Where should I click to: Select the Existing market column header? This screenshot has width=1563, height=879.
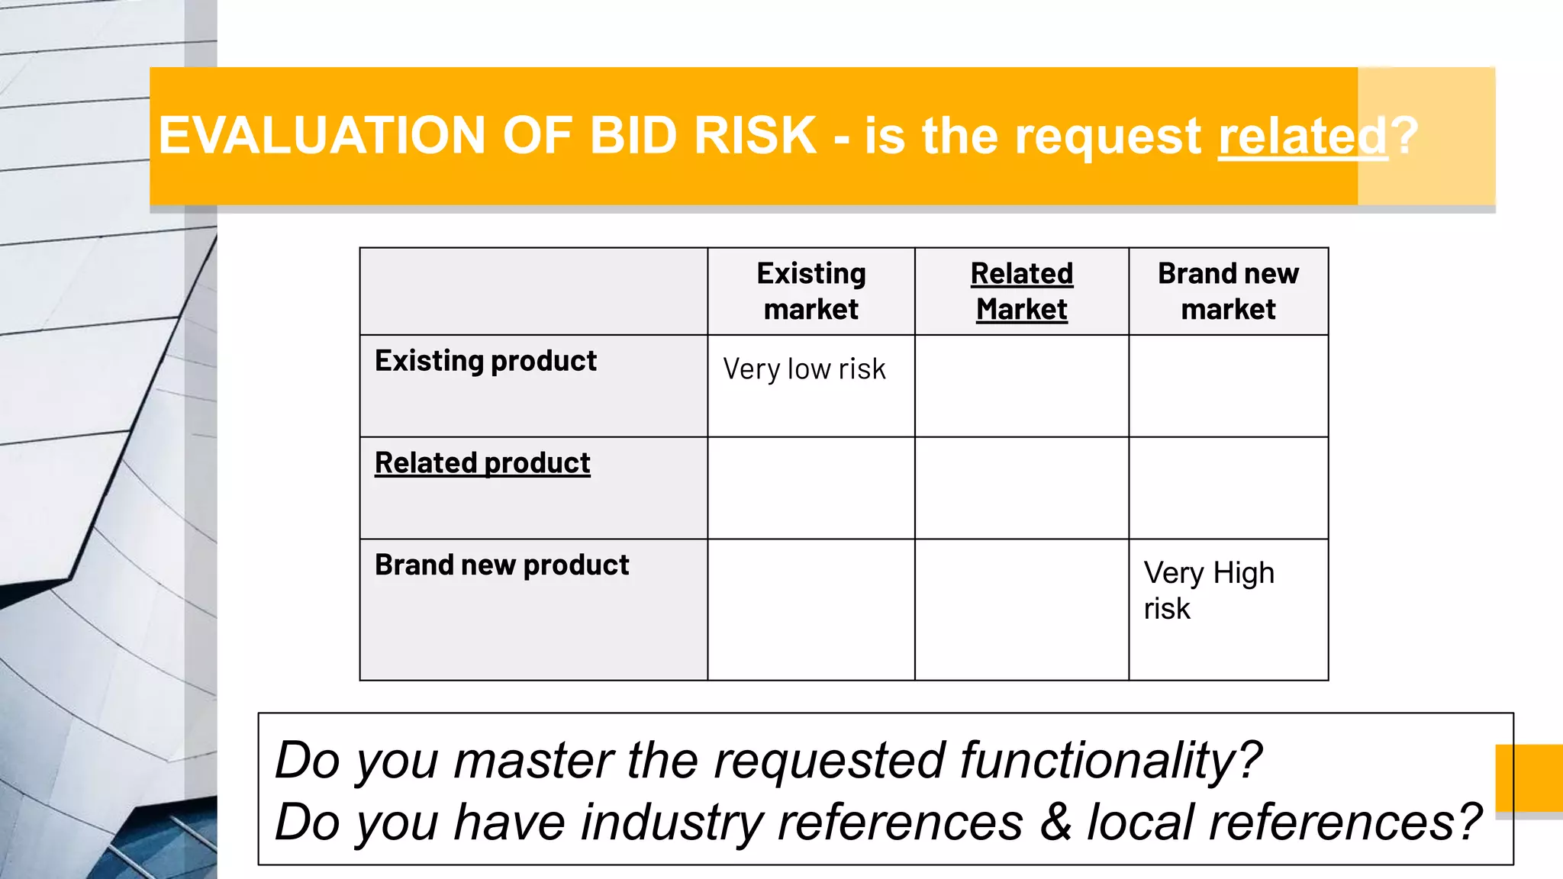(x=811, y=291)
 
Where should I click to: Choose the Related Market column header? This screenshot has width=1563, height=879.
(x=1022, y=291)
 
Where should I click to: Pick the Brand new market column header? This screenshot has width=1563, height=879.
(x=1228, y=291)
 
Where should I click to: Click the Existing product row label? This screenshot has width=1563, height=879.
(x=485, y=361)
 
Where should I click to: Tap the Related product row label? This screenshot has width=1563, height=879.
(x=482, y=463)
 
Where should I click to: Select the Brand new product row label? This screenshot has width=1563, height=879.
(x=501, y=565)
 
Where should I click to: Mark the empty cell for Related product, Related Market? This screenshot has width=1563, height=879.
(x=1022, y=488)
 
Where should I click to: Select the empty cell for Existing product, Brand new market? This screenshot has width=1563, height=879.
(x=1228, y=386)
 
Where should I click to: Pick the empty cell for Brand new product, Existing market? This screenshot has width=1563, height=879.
(x=811, y=610)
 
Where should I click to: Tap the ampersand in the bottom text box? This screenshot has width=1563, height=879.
(x=1055, y=823)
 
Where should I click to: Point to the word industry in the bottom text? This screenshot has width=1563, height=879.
(x=672, y=823)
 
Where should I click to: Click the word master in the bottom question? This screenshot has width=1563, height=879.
(x=533, y=761)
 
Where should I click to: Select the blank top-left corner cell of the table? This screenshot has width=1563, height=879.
(x=533, y=291)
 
